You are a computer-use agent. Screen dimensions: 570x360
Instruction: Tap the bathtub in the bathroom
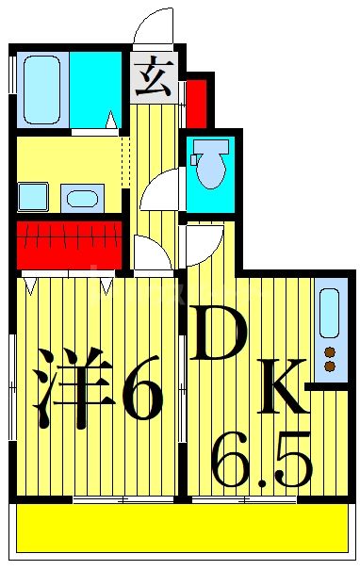coord(41,90)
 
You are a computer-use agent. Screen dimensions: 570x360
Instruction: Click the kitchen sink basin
coord(329,314)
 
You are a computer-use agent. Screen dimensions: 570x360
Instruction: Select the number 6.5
coord(262,459)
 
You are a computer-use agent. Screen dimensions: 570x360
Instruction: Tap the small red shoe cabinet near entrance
coord(196,104)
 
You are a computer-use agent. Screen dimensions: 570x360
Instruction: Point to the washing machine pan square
coord(33,196)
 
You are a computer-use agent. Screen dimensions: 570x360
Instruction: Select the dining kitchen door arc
coord(204,244)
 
